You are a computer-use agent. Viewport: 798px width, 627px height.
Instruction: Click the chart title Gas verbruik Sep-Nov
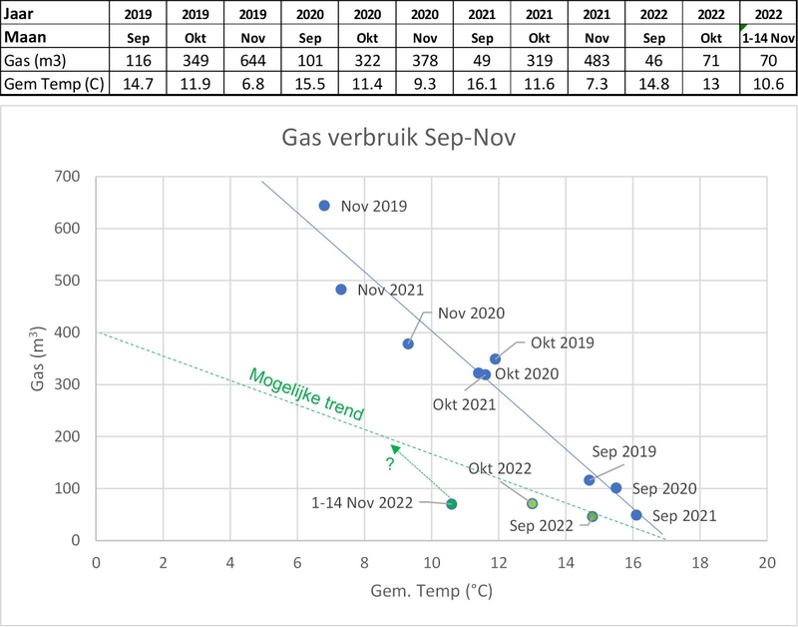(428, 136)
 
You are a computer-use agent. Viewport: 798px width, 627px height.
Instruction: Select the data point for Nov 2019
(324, 206)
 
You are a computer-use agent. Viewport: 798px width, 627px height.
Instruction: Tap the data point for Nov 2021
(341, 290)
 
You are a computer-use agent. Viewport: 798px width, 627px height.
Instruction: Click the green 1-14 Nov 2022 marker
(452, 504)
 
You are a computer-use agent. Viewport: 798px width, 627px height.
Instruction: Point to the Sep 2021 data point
(636, 515)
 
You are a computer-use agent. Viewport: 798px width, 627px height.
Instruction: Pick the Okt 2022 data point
(532, 503)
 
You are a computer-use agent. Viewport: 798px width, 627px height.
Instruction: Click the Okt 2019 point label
(563, 342)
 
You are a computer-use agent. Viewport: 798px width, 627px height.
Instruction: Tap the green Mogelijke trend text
(306, 394)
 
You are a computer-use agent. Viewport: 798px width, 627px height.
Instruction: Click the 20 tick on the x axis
(766, 562)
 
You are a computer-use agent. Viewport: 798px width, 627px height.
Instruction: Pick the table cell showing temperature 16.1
(484, 80)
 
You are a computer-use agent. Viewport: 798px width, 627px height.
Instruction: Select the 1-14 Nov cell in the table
(766, 39)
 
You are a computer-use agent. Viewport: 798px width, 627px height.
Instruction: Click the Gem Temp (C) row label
(51, 80)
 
